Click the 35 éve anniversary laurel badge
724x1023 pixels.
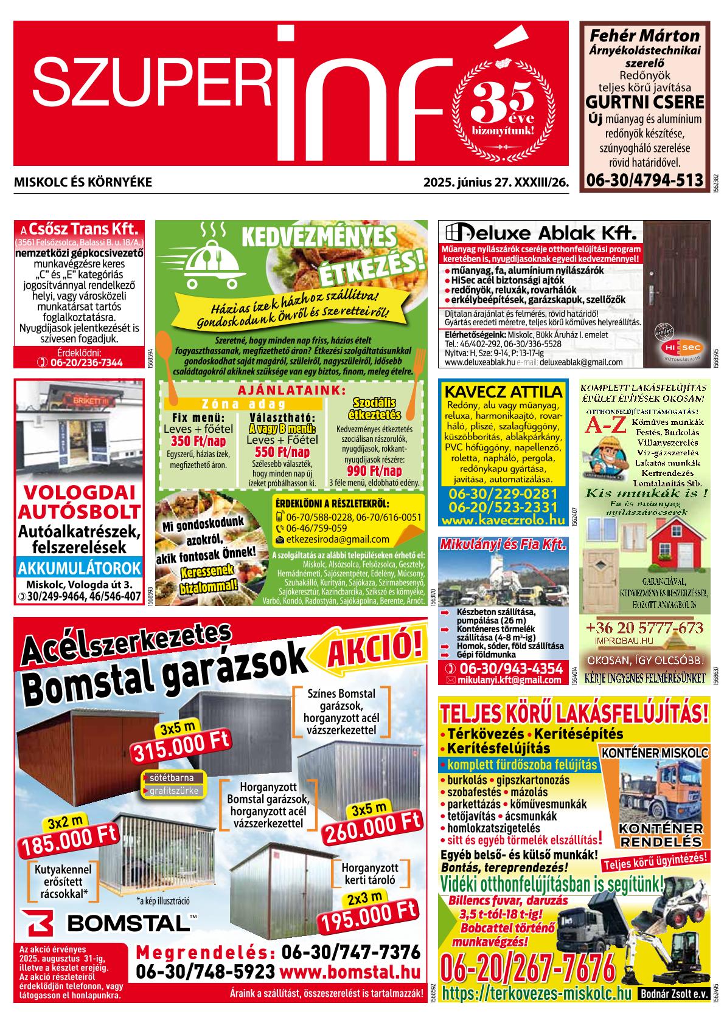click(503, 110)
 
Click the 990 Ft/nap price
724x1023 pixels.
click(374, 471)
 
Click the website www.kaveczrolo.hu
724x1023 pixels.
click(503, 520)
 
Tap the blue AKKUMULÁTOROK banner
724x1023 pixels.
click(79, 569)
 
